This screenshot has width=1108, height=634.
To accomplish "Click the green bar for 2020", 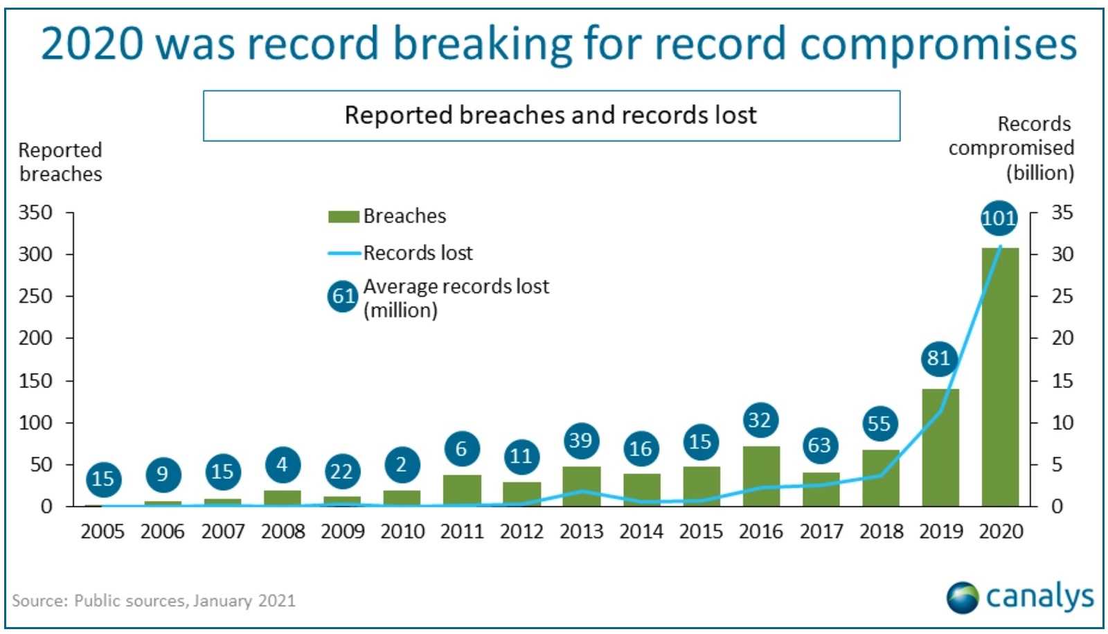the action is tap(1000, 377).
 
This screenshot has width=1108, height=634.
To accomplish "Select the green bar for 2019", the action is tap(940, 448).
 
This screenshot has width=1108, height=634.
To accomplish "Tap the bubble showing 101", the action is tap(999, 218).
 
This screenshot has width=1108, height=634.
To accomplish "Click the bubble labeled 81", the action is tap(939, 358).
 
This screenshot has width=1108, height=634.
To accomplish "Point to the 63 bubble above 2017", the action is tap(820, 446).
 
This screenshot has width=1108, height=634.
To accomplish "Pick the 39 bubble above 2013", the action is tap(581, 441).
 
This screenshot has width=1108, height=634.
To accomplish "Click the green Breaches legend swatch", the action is tap(343, 217).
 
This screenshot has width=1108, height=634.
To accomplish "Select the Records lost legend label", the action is tap(418, 253).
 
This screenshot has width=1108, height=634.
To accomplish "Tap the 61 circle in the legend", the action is tap(343, 296).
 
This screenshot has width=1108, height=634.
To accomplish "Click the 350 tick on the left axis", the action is tap(35, 212).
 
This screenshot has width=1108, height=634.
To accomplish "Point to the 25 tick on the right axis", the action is tap(1062, 296).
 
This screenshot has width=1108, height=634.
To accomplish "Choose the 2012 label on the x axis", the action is tap(521, 531).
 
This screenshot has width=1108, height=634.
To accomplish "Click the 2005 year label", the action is tap(102, 531).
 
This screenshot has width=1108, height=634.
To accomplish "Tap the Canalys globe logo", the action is tap(963, 597).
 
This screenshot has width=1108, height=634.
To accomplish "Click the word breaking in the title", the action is tap(482, 44).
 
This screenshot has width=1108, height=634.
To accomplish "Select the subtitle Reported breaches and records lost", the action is tap(551, 116).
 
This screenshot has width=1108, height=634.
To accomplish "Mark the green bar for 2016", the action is tap(761, 476).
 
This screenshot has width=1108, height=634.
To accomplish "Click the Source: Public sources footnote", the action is tap(153, 601).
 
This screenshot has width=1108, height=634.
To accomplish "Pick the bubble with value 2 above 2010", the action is tap(402, 465).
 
